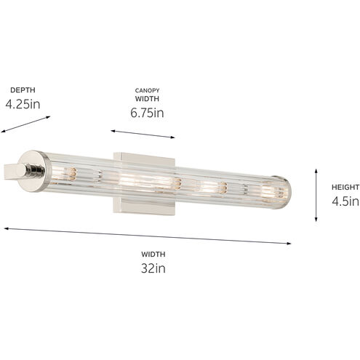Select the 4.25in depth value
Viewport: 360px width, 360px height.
tap(23, 104)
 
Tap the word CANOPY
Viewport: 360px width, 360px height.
tap(147, 90)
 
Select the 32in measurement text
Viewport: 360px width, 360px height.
tap(153, 268)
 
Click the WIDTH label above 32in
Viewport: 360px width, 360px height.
tap(153, 254)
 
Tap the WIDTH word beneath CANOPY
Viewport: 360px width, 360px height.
tap(147, 99)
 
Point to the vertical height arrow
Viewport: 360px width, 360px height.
tap(316, 194)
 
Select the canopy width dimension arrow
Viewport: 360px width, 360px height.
tap(143, 134)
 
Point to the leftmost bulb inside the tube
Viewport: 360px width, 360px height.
tap(72, 174)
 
